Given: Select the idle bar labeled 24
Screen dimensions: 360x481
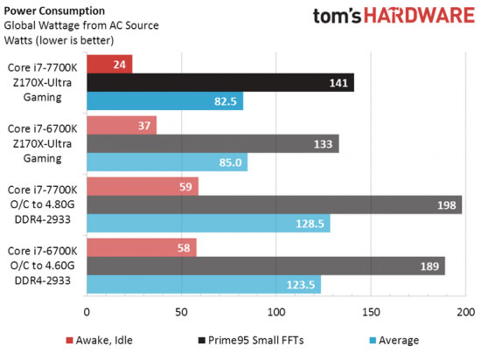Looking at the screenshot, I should click(x=109, y=64).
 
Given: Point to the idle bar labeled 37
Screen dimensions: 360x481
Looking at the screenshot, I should click(x=122, y=125).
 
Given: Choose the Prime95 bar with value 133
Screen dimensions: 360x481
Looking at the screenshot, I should click(x=213, y=144).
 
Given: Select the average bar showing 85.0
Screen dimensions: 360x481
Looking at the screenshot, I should click(x=167, y=163).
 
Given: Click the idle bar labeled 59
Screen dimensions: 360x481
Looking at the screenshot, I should click(x=143, y=186).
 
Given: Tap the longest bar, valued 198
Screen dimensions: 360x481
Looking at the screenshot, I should click(x=275, y=204).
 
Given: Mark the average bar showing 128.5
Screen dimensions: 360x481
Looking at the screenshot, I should click(x=208, y=224).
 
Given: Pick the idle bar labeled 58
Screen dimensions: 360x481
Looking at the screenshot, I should click(x=142, y=246).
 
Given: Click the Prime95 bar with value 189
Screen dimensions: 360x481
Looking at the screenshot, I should click(x=266, y=266).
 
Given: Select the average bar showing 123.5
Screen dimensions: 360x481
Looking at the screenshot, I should click(x=204, y=285).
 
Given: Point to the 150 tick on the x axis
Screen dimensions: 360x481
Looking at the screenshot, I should click(x=371, y=312).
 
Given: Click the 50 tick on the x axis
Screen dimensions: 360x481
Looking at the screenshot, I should click(x=182, y=312).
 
